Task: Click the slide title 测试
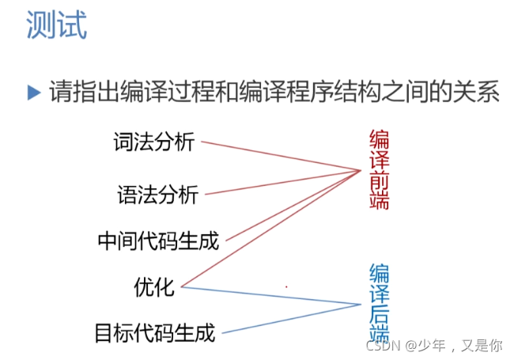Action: point(56,26)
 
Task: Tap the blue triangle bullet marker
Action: point(33,93)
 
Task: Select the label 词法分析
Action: point(153,142)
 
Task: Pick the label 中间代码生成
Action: point(157,239)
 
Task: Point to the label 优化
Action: point(154,286)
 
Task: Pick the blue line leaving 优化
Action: point(269,294)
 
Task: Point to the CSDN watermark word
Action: point(384,346)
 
